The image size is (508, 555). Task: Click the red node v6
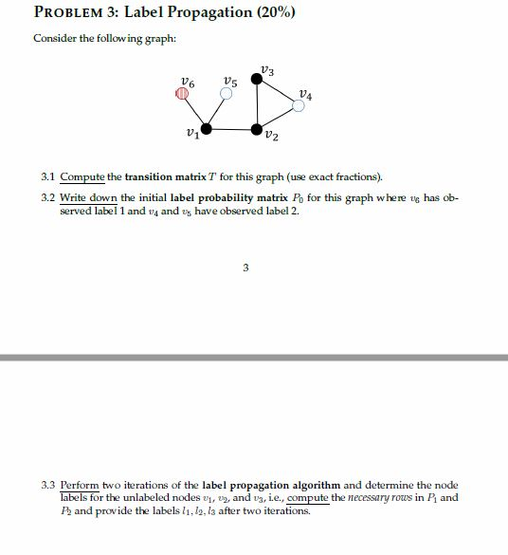(182, 94)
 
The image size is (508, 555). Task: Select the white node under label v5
(226, 94)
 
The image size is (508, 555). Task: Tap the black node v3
(257, 83)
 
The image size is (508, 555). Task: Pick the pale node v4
(298, 106)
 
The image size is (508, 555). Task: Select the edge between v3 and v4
(278, 95)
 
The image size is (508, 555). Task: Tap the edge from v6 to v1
(193, 111)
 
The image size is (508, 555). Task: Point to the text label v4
(303, 92)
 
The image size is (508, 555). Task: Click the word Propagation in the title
(177, 14)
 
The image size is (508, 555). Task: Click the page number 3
(245, 268)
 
